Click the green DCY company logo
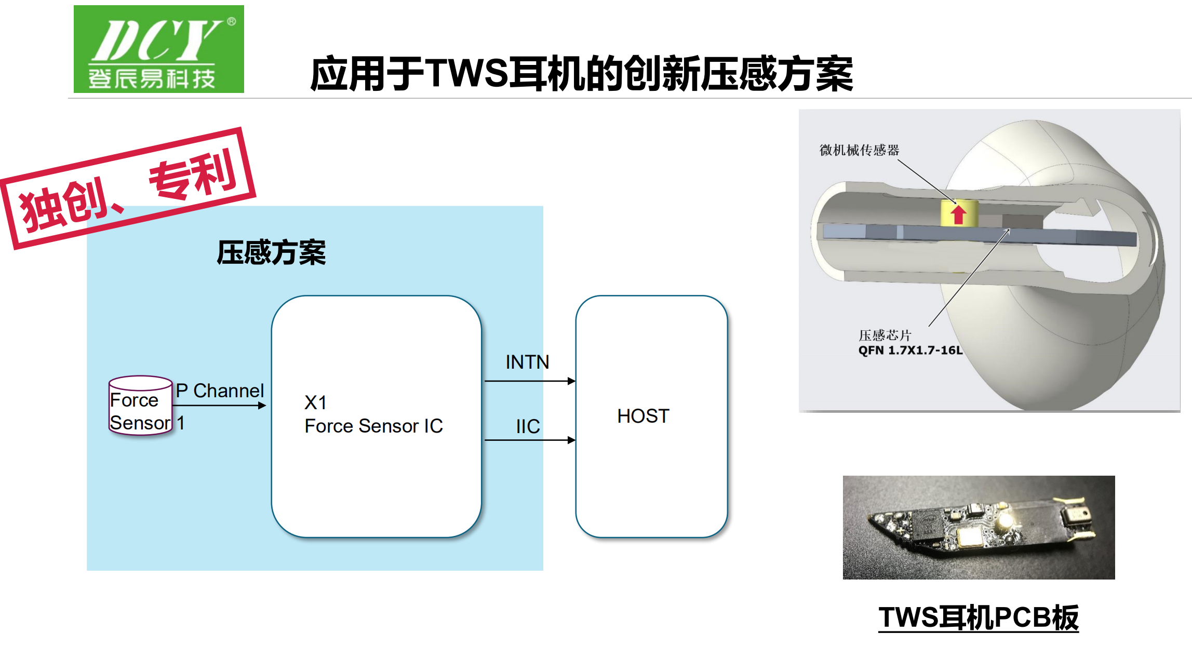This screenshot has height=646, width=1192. [159, 49]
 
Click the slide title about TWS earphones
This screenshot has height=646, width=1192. [582, 74]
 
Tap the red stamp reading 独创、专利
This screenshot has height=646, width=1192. [128, 188]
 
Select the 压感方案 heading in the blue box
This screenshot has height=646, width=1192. [271, 253]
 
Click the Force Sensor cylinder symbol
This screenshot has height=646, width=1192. [140, 406]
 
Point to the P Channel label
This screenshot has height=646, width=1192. [220, 391]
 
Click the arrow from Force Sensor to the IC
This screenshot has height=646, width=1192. [219, 406]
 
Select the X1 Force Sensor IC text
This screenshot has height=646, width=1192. [373, 414]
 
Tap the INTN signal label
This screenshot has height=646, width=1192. [527, 362]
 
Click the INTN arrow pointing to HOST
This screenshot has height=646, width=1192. [530, 381]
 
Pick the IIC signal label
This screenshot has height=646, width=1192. [528, 426]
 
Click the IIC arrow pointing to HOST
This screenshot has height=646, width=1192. [530, 440]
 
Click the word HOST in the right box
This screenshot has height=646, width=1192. [643, 416]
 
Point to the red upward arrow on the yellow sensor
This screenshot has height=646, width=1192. [959, 214]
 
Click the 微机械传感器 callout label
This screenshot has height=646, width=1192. [859, 150]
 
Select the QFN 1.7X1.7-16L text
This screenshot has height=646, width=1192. [910, 351]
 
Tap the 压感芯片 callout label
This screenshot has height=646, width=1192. [885, 335]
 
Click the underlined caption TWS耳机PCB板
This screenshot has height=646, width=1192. [979, 618]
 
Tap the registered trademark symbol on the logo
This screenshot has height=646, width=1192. [232, 21]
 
